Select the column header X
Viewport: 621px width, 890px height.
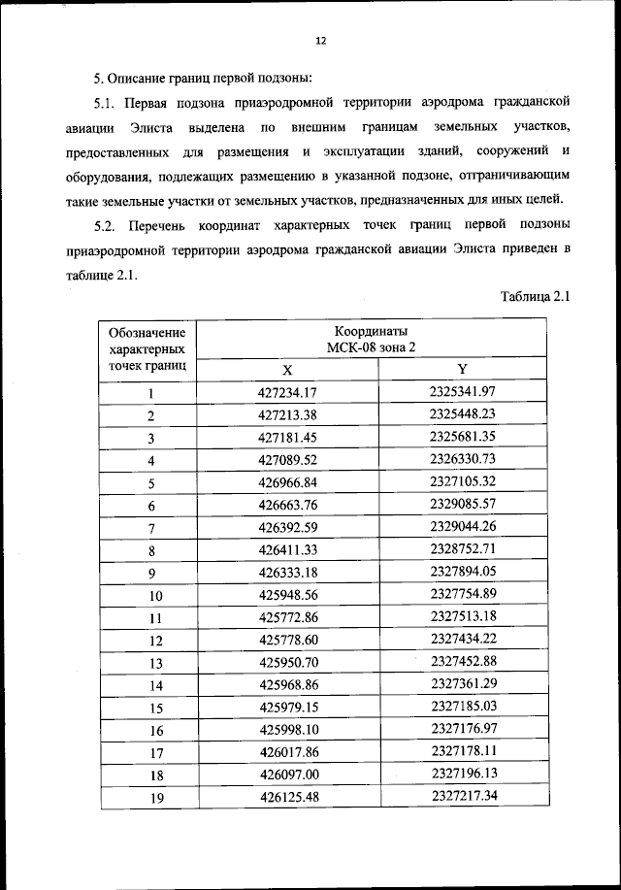(x=287, y=369)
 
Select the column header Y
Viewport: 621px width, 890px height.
(x=462, y=369)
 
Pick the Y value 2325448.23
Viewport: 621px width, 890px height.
(x=463, y=414)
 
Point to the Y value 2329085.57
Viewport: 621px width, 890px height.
(x=463, y=505)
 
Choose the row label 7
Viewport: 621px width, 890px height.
(x=151, y=528)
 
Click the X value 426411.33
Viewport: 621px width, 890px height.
(x=288, y=549)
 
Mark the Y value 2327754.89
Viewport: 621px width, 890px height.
(x=463, y=594)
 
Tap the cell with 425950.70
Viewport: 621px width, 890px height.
(x=288, y=662)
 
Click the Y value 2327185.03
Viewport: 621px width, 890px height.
(x=463, y=707)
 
